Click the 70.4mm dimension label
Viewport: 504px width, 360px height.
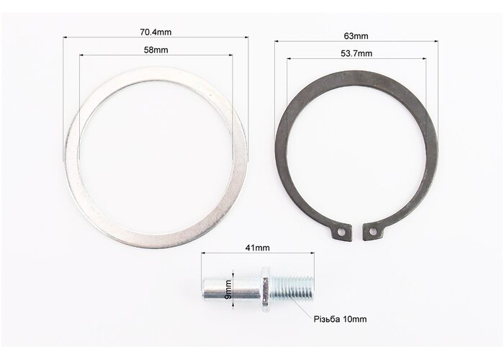(x=156, y=32)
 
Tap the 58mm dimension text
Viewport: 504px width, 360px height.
(x=156, y=50)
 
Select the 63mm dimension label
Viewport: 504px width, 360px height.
(x=356, y=36)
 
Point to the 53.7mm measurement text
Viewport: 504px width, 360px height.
(x=356, y=53)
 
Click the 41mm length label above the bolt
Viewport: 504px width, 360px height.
(x=258, y=248)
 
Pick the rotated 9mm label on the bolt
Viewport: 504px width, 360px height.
(x=228, y=289)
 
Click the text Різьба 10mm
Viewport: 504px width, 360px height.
(x=340, y=319)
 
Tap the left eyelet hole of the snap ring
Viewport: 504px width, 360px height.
(x=341, y=231)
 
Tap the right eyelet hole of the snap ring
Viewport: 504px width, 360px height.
(x=372, y=231)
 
